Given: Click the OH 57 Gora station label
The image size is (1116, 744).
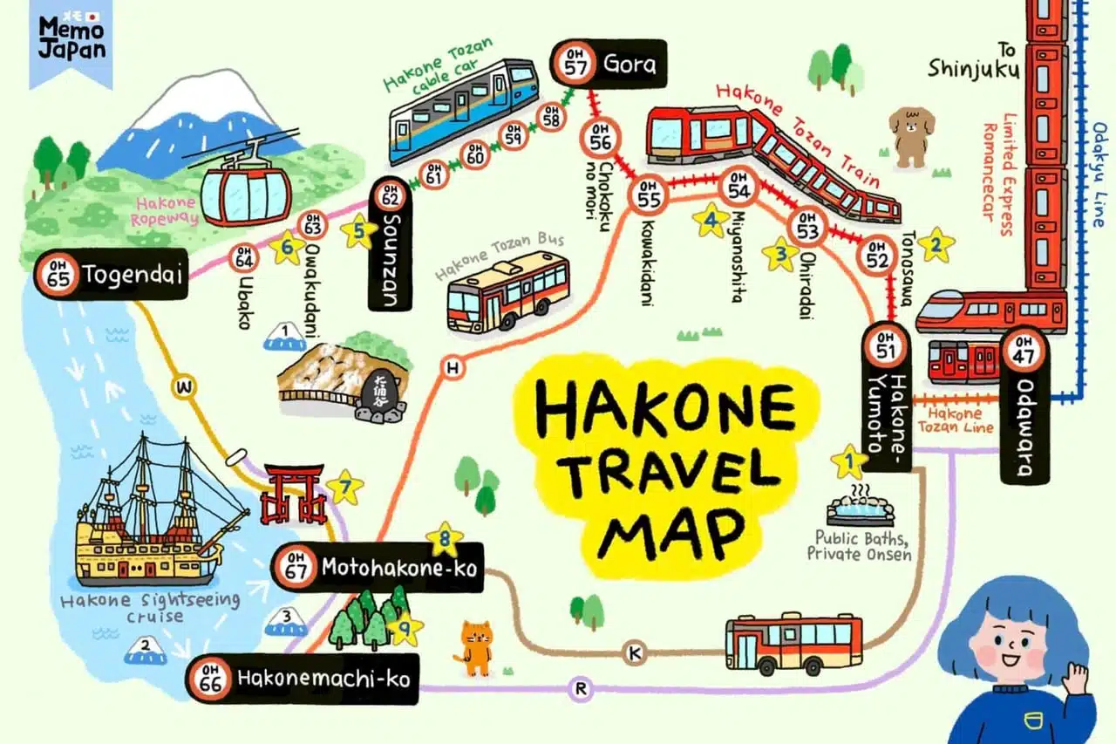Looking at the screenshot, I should (x=608, y=64).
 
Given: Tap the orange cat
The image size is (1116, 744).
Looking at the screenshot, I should (x=476, y=648).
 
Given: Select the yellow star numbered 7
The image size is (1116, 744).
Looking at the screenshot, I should (x=345, y=488).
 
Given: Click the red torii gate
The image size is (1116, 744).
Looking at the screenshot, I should (x=294, y=495).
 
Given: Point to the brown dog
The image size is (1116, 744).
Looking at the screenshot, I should (x=912, y=135).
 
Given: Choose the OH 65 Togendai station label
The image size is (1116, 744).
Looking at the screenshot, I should (x=112, y=275).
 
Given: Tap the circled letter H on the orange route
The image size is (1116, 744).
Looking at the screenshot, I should (x=452, y=368).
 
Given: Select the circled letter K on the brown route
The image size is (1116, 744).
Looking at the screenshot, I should (x=634, y=652).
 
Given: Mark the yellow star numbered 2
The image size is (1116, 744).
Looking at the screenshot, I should (x=936, y=245).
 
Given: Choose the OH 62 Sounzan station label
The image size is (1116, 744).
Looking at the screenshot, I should (x=389, y=244).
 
